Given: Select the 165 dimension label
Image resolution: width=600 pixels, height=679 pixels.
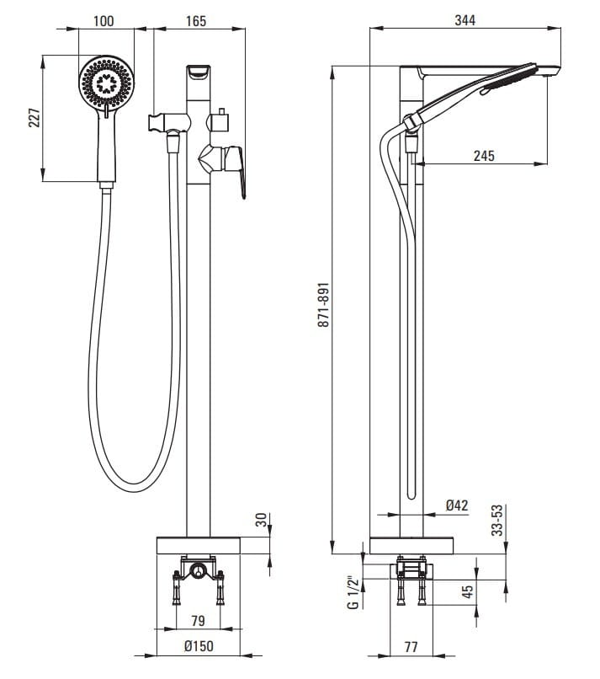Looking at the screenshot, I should (194, 20).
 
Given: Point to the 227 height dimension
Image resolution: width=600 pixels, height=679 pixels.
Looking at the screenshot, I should (35, 118).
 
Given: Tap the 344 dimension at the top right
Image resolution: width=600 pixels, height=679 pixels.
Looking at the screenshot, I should (465, 20).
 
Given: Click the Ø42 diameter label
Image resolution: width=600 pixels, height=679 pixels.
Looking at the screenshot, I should (457, 505).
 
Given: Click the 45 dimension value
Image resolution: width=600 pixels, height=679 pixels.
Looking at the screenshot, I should (468, 591).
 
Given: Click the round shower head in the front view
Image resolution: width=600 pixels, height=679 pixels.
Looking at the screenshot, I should (106, 83).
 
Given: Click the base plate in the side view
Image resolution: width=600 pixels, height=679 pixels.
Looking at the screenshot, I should (412, 546).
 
